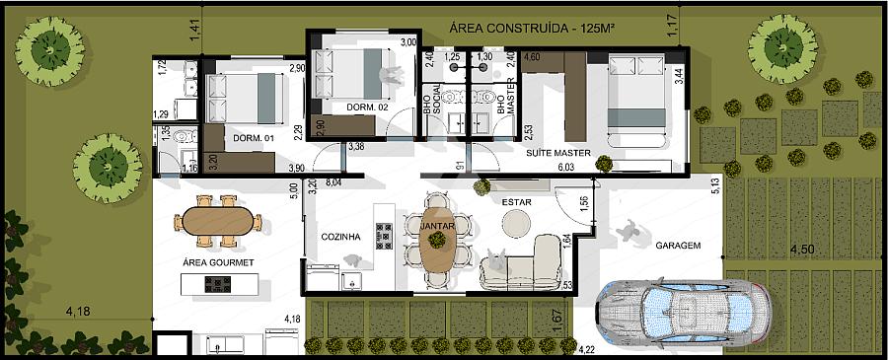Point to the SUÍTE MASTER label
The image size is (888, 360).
[x=558, y=153]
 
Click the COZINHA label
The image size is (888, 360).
[x=340, y=237]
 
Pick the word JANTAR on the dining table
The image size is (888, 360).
[x=437, y=225]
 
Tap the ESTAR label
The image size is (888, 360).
[x=516, y=201]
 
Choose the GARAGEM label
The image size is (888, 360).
[x=679, y=246]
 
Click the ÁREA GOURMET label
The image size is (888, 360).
[x=218, y=262]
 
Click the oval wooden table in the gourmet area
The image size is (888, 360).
[x=218, y=221]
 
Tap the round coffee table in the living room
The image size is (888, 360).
[x=516, y=224]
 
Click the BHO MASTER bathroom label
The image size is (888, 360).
[x=506, y=102]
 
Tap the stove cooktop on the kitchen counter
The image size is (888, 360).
[x=385, y=236]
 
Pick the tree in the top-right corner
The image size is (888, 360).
[x=782, y=48]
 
